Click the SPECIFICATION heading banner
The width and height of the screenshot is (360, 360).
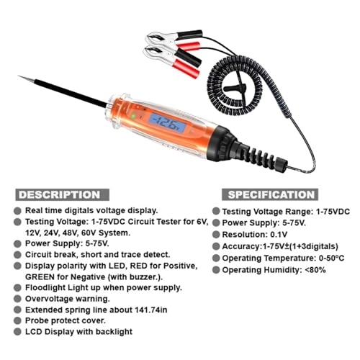pyautogui.click(x=271, y=194)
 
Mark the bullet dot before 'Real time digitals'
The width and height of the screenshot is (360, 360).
pyautogui.click(x=17, y=209)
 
